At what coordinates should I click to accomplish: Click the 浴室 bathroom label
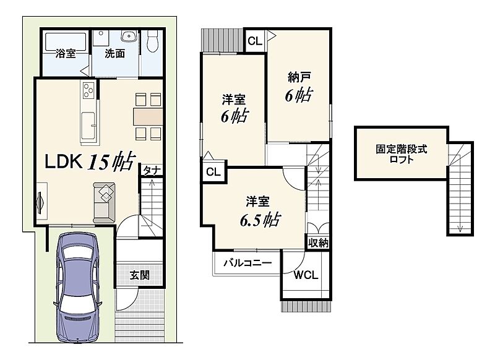66,53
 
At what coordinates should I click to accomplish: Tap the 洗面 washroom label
114,53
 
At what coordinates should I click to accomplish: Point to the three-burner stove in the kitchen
88,90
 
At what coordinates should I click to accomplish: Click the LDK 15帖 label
90,161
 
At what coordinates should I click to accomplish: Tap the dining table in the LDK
148,116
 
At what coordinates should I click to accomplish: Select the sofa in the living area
104,202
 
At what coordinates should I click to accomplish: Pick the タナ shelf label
152,171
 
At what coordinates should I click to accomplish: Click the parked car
77,288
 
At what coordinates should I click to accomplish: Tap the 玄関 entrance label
140,275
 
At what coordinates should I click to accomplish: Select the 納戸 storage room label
299,77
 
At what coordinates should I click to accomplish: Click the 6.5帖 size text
260,220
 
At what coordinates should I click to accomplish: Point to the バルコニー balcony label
247,263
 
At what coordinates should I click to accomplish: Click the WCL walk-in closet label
306,275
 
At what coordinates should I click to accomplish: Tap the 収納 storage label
318,243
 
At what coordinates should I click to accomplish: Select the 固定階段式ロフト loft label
401,154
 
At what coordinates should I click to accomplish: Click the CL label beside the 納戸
255,41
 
